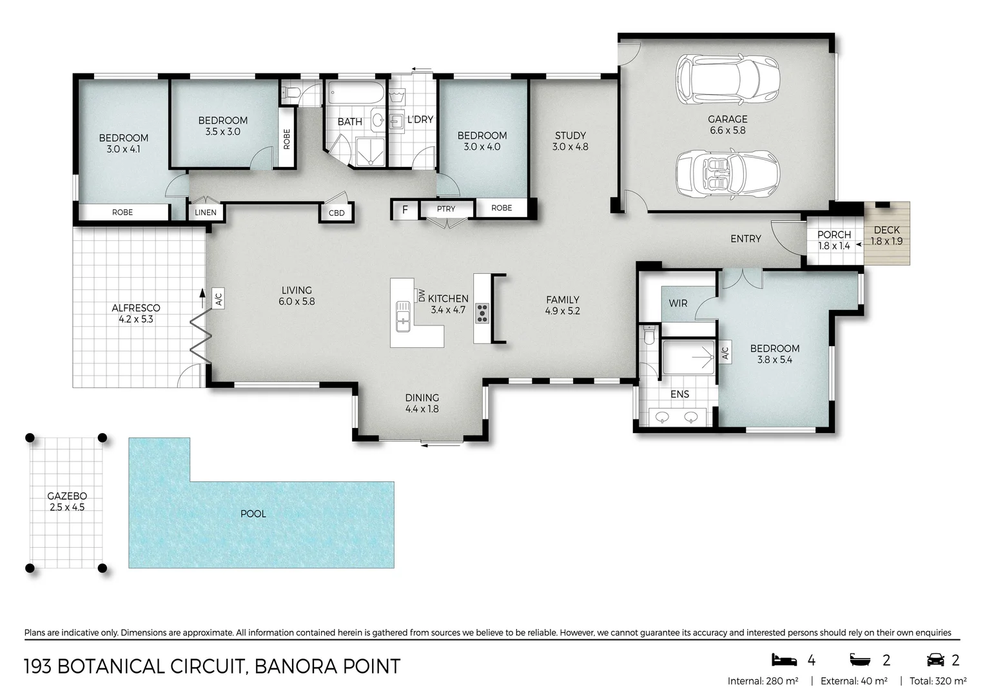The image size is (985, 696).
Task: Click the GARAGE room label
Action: [727, 119]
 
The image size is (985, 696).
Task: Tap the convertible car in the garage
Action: [728, 173]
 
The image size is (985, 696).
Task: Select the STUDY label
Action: [571, 135]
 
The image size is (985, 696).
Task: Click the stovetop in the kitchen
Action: [482, 313]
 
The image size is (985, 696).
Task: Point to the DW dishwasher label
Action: [422, 295]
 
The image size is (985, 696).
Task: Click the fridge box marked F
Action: [405, 209]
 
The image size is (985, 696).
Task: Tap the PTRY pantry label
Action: [446, 209]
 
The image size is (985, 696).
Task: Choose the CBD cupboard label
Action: [336, 213]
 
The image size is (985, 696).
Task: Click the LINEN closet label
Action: [206, 213]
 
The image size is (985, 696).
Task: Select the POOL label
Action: [253, 514]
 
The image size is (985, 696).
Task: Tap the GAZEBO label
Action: [67, 496]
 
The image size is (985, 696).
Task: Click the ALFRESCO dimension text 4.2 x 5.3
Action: [136, 319]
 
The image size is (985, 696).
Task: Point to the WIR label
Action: [678, 304]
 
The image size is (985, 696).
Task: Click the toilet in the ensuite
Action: [649, 334]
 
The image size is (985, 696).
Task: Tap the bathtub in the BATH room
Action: [356, 93]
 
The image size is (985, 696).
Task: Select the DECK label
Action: [886, 230]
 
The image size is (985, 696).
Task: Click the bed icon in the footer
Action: [784, 660]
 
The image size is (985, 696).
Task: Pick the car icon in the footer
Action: [935, 660]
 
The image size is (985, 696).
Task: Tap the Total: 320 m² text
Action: [938, 681]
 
